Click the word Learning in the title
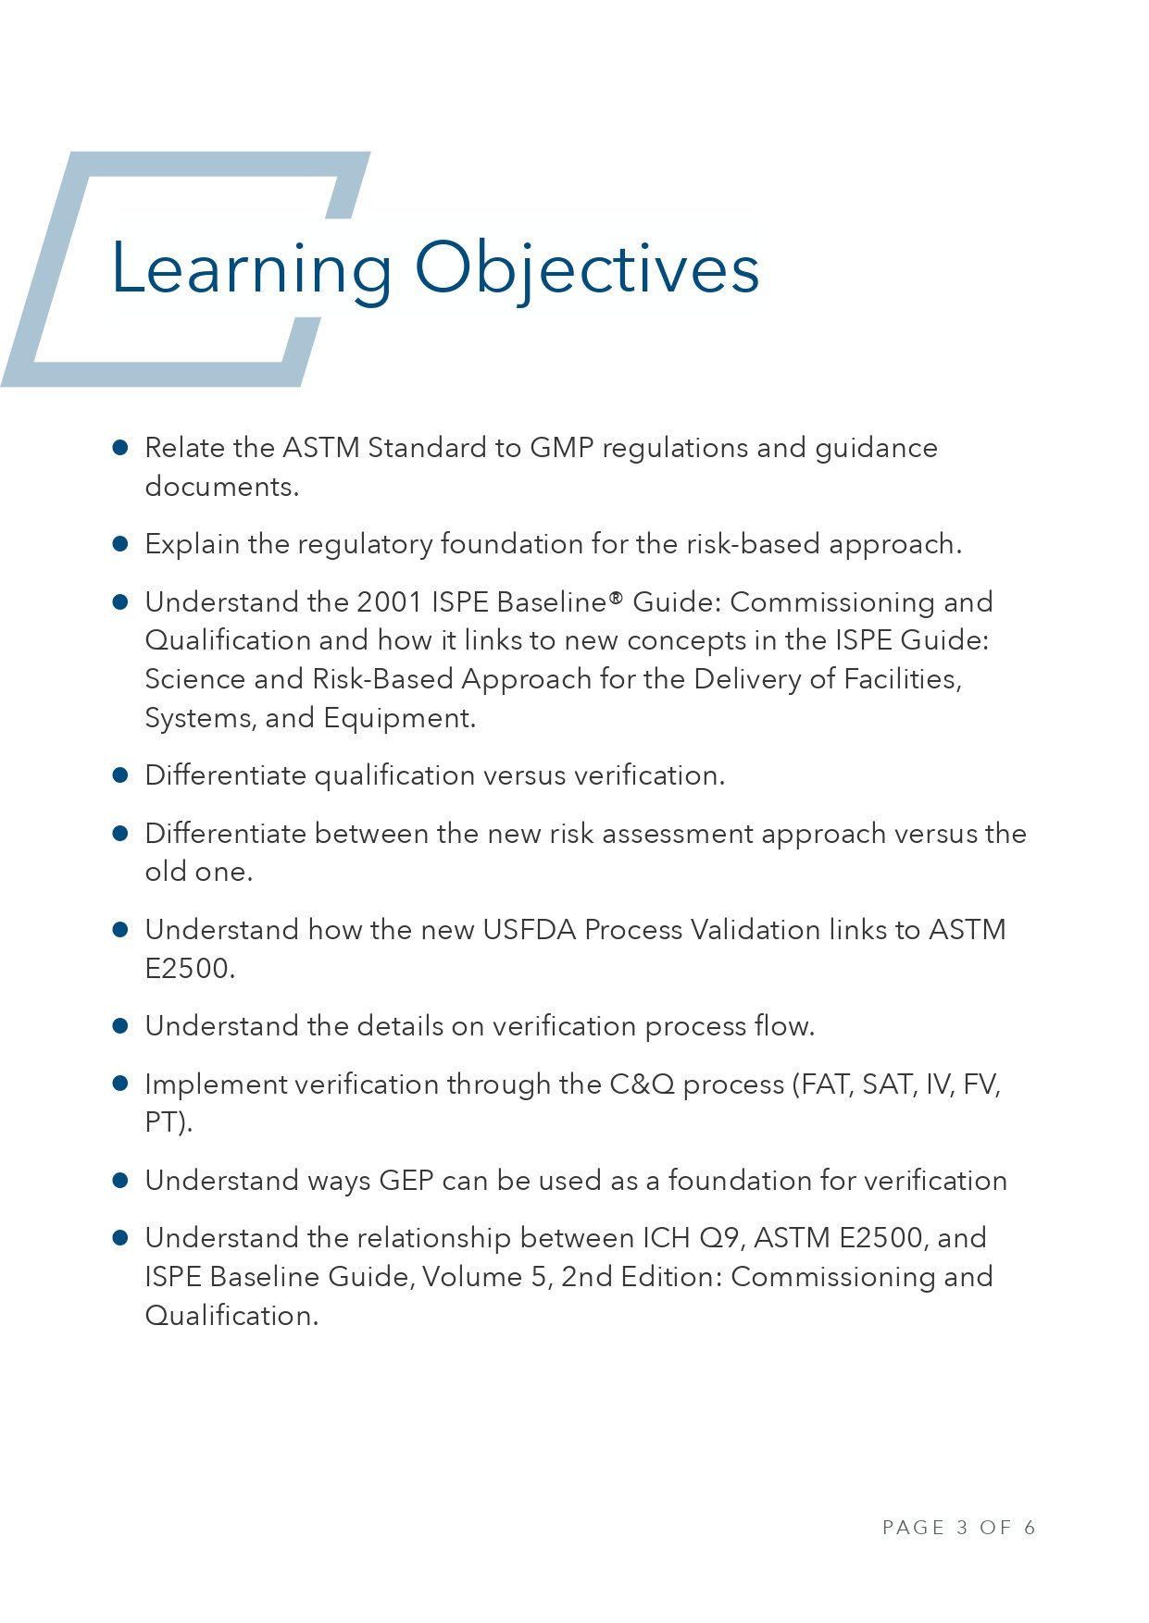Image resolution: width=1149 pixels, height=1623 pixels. point(251,269)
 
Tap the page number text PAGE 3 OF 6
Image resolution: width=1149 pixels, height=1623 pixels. point(958,1527)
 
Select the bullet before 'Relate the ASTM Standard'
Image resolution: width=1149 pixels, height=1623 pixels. point(120,448)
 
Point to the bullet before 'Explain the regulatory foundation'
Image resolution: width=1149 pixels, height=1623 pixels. point(120,544)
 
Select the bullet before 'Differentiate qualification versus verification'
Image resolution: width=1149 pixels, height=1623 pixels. point(120,775)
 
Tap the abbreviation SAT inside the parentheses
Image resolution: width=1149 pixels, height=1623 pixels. point(889,1084)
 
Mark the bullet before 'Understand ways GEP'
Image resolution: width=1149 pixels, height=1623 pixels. point(120,1181)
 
